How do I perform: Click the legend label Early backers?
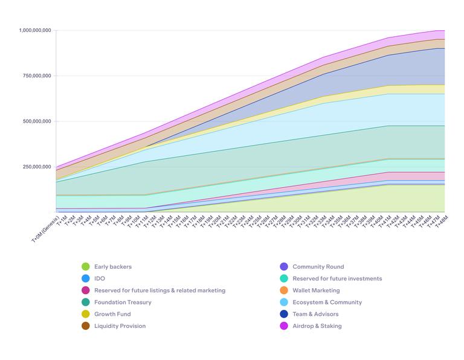pyautogui.click(x=112, y=266)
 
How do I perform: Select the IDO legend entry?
pyautogui.click(x=100, y=278)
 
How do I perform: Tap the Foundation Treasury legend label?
pyautogui.click(x=123, y=302)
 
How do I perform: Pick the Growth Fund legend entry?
pyautogui.click(x=112, y=314)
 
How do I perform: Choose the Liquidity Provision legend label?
pyautogui.click(x=120, y=326)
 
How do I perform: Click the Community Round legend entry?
pyautogui.click(x=318, y=266)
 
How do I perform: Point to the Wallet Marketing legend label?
pyautogui.click(x=316, y=291)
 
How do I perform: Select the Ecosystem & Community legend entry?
pyautogui.click(x=327, y=302)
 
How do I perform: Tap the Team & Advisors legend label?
pyautogui.click(x=315, y=314)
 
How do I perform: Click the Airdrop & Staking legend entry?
pyautogui.click(x=317, y=326)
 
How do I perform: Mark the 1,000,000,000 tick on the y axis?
pyautogui.click(x=35, y=30)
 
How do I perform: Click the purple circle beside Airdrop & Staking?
pyautogui.click(x=284, y=326)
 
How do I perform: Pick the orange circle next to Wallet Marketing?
pyautogui.click(x=284, y=291)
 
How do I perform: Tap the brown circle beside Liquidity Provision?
pyautogui.click(x=85, y=326)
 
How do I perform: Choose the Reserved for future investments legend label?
pyautogui.click(x=337, y=278)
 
